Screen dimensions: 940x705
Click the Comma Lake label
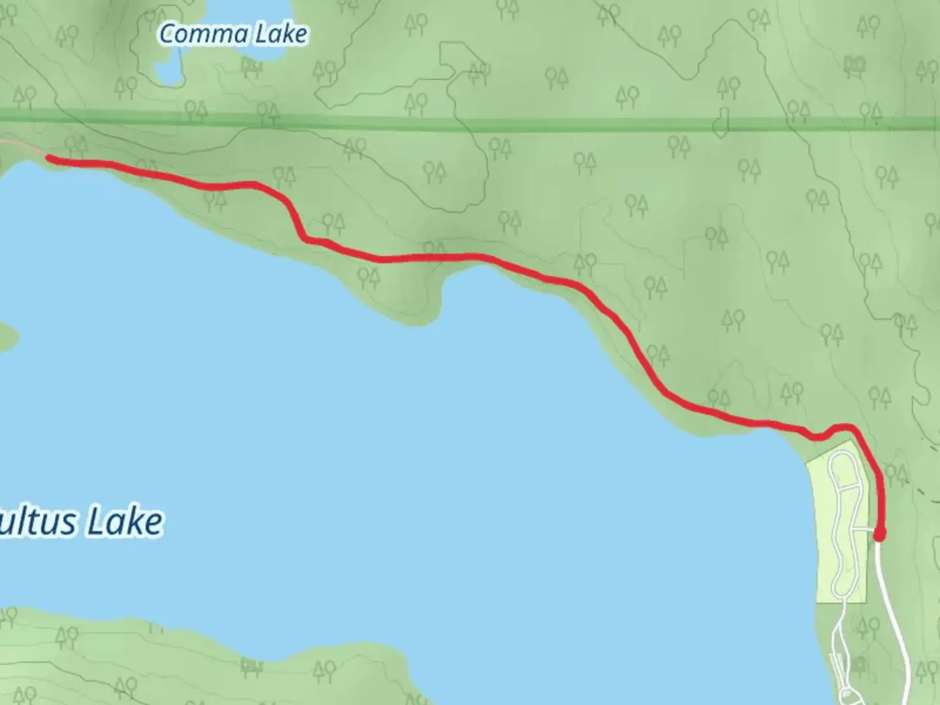pos(233,34)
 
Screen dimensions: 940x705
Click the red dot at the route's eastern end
pos(879,535)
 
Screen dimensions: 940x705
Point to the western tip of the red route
pos(50,157)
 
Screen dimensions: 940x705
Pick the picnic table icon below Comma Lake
pos(251,65)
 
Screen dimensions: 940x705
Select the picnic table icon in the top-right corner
pos(855,63)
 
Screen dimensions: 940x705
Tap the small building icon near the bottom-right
pos(859,665)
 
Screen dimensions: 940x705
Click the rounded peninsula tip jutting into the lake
pos(411,313)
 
